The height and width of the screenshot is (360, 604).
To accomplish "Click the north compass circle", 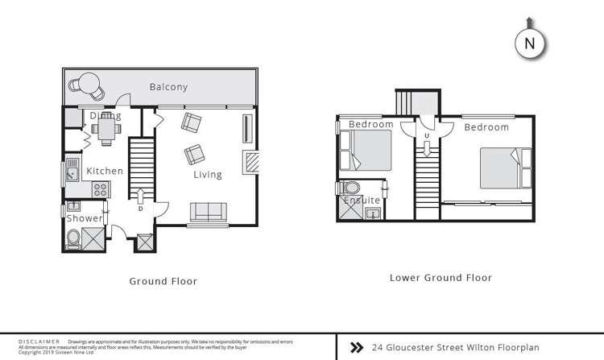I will (x=529, y=44).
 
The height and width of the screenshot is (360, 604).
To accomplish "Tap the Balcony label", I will (x=168, y=87).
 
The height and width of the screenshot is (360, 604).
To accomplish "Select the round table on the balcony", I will (x=88, y=83).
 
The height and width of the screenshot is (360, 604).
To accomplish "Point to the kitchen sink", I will (x=72, y=172).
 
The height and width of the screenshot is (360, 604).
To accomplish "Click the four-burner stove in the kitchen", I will (x=101, y=190).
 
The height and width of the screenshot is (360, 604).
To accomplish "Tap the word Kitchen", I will (x=105, y=171).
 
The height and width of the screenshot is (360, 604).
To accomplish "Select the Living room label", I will (x=207, y=174).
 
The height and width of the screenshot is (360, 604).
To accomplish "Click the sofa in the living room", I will (x=207, y=212).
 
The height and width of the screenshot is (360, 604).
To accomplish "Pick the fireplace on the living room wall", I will (x=253, y=162).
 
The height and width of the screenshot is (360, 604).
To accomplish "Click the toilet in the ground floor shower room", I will (x=72, y=238).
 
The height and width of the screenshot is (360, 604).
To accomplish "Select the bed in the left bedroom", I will (x=367, y=151).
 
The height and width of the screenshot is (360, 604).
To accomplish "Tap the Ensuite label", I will (x=362, y=201).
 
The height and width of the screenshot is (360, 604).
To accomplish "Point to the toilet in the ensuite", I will (x=341, y=188).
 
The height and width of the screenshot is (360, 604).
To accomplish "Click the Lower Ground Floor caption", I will (x=441, y=278).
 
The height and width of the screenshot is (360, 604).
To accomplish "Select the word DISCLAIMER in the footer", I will (x=35, y=342).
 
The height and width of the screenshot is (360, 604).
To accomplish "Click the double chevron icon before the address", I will (x=357, y=347).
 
